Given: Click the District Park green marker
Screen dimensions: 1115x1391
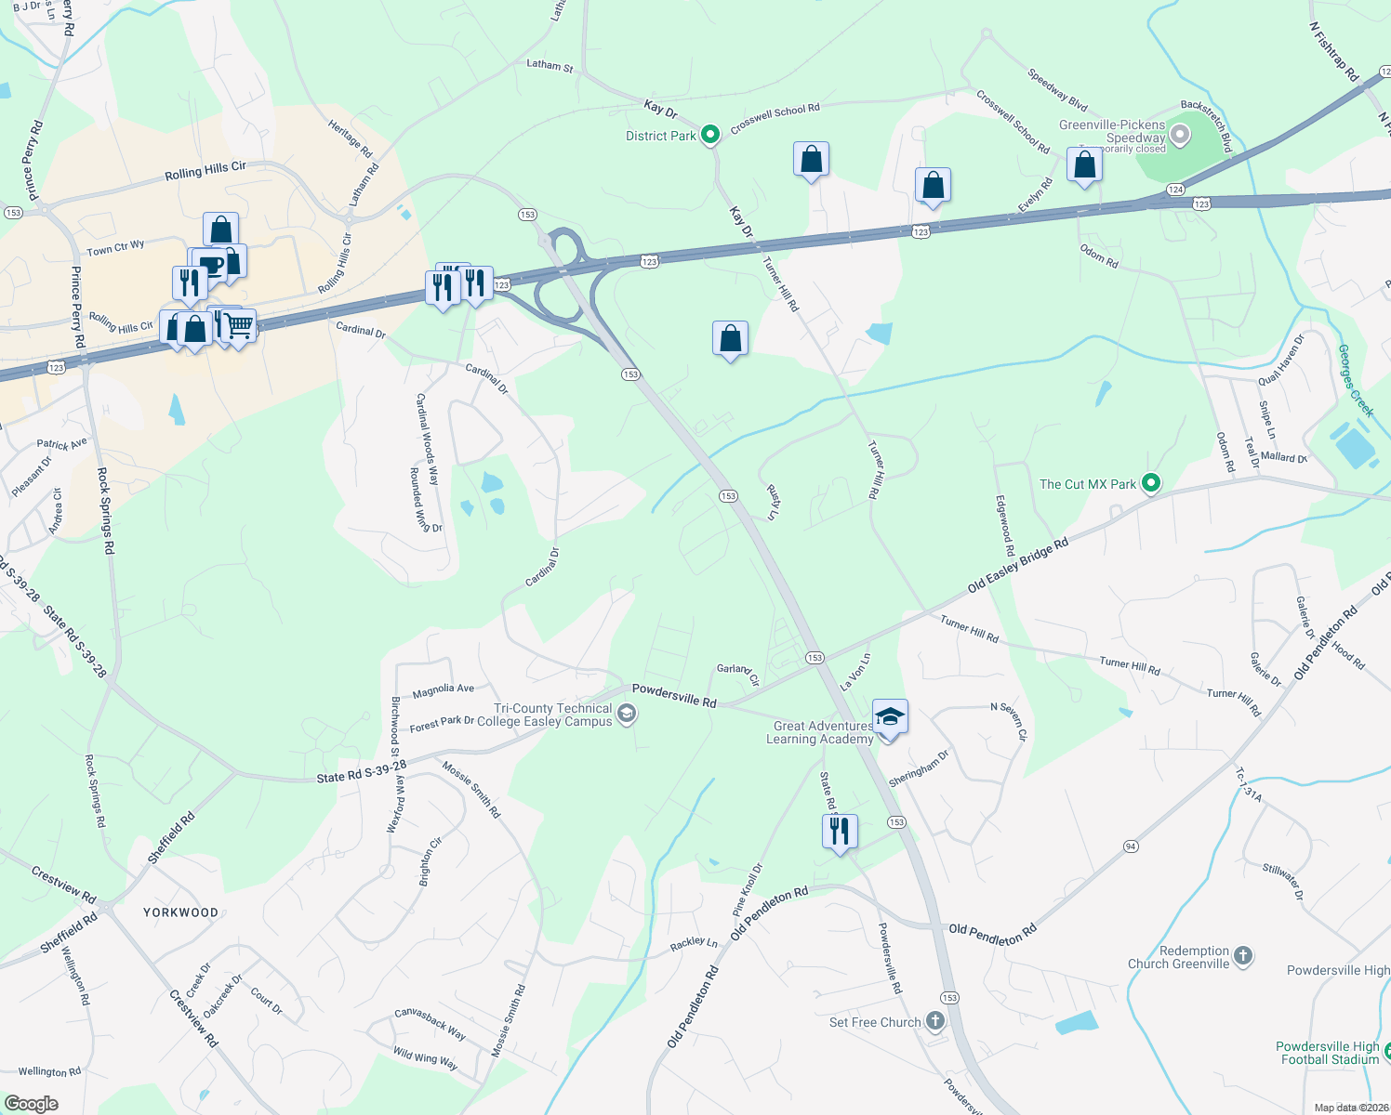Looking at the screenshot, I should click(x=710, y=136).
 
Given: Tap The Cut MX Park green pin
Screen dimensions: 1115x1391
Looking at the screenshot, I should click(x=1151, y=483).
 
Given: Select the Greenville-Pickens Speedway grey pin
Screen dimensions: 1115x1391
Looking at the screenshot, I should click(x=1180, y=136).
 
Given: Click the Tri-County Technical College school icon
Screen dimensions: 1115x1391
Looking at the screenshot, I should click(x=628, y=714).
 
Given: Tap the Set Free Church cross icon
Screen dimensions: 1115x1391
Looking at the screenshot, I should click(x=935, y=1022).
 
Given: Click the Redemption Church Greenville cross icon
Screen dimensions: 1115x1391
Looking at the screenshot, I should click(x=1243, y=955).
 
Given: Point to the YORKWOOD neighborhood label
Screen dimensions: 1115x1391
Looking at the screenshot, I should click(x=180, y=912).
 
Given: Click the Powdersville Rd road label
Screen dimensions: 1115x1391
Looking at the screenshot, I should click(x=674, y=695).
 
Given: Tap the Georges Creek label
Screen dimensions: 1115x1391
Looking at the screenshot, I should click(x=1355, y=380).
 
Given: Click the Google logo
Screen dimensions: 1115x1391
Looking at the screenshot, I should click(x=32, y=1104).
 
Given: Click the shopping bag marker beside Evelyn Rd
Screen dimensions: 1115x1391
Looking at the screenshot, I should click(x=1084, y=165).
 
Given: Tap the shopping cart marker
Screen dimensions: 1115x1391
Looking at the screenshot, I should click(x=239, y=327).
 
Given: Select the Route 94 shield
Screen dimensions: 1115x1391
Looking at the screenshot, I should click(x=1131, y=846).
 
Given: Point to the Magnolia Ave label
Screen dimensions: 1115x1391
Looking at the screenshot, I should click(x=443, y=689).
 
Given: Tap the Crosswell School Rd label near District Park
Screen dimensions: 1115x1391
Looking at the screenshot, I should click(x=775, y=117).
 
